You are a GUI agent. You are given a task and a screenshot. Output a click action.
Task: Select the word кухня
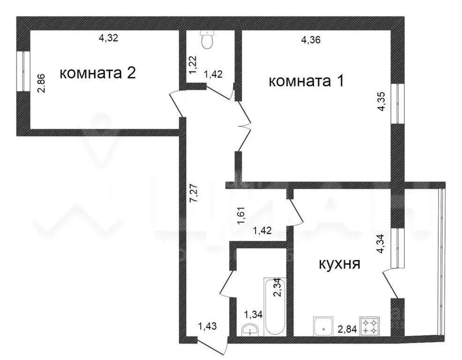pyautogui.click(x=339, y=264)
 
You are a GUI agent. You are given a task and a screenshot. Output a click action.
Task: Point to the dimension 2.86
pyautogui.click(x=42, y=83)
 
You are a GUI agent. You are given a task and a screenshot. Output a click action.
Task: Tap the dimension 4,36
pyautogui.click(x=311, y=40)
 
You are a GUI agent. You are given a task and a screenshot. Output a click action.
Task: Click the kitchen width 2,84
pyautogui.click(x=347, y=329)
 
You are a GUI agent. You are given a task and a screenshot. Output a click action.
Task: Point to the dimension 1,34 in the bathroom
pyautogui.click(x=251, y=314)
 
